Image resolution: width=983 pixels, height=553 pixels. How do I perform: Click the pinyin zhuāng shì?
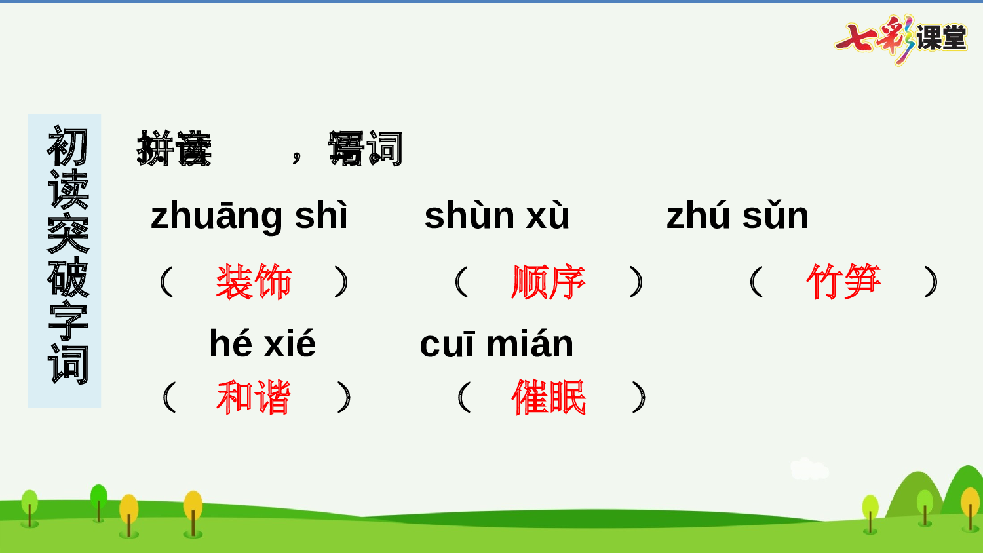(x=249, y=216)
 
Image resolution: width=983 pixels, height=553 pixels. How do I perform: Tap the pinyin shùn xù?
(x=497, y=216)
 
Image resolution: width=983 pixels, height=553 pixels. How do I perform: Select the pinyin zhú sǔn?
(x=737, y=216)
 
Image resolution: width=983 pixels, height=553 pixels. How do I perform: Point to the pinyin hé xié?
(x=262, y=343)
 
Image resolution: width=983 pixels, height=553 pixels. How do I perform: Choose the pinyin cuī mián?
(x=496, y=343)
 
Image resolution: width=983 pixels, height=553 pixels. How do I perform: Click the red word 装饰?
(x=254, y=282)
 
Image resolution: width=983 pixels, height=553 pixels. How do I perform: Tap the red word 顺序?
(x=549, y=282)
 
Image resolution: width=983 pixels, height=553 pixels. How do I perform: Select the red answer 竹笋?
(x=843, y=282)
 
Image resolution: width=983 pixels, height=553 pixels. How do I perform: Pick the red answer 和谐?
(x=254, y=398)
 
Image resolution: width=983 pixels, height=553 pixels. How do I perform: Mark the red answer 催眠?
(x=549, y=398)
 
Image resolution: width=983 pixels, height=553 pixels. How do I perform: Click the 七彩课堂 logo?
(x=901, y=38)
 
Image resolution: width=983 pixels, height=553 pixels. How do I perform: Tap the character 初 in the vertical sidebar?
(x=67, y=147)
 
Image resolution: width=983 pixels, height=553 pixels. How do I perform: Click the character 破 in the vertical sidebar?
(x=67, y=277)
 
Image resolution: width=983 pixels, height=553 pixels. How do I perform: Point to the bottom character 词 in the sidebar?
(x=67, y=364)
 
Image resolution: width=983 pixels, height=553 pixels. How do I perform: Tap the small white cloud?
(x=809, y=469)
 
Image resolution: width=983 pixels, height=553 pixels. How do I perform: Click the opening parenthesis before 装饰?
(x=166, y=282)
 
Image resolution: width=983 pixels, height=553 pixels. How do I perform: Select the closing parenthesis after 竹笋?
(x=931, y=282)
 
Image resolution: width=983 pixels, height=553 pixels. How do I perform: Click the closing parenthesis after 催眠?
(x=640, y=398)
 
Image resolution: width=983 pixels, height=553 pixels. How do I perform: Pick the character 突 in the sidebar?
(x=67, y=234)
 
